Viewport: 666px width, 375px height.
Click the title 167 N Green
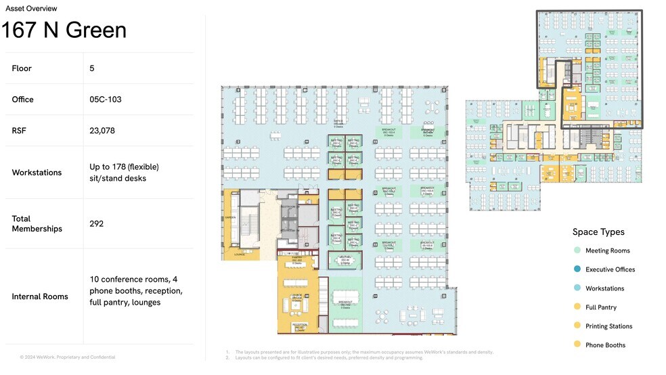(x=64, y=30)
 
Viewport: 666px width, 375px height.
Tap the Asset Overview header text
(x=31, y=9)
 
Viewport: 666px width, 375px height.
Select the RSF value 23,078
(x=103, y=131)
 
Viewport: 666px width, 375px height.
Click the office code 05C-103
(x=106, y=100)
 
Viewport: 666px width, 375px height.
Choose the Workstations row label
(x=37, y=173)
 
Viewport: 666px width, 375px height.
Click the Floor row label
(x=22, y=68)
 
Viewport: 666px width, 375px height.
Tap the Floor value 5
(x=92, y=68)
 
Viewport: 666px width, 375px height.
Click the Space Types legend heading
(x=598, y=232)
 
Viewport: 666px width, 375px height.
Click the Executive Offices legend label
(x=610, y=269)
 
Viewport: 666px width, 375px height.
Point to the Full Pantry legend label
(x=602, y=307)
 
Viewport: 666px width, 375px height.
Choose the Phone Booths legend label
(x=605, y=345)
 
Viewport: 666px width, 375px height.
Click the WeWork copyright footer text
(x=67, y=357)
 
